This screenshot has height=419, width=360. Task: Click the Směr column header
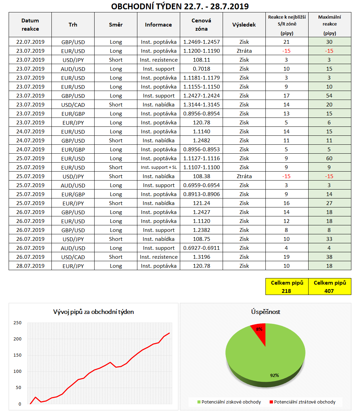coord(116,25)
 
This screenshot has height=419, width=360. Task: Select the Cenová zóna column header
coord(201,25)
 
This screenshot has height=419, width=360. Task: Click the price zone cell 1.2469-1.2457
coord(201,42)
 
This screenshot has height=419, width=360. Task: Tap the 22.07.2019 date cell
coord(30,42)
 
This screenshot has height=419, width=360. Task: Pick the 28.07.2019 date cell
coord(30,266)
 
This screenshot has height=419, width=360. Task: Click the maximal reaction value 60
coord(329,159)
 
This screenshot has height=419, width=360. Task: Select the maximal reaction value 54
coord(329,96)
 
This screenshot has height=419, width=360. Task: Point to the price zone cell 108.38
coord(201,176)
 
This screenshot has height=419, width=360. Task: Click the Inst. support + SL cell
coord(158,167)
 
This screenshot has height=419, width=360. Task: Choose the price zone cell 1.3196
coord(201,257)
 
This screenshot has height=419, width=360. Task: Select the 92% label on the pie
coord(274,375)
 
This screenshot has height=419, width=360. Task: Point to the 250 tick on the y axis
coord(17,323)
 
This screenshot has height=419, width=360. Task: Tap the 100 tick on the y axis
coord(17,371)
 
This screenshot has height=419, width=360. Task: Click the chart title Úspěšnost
coord(265,312)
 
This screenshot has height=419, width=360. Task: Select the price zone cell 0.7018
coord(201,69)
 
